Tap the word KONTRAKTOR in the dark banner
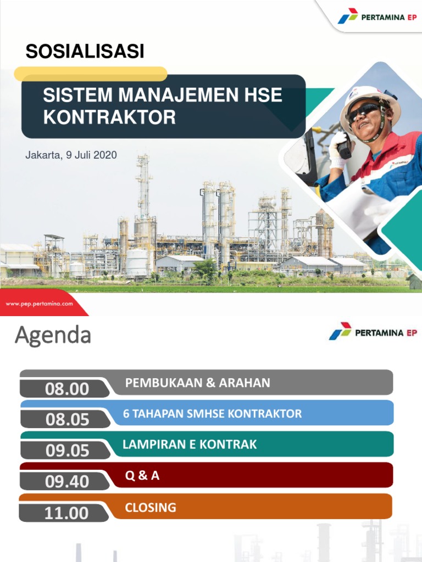109,117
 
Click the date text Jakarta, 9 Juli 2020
71,155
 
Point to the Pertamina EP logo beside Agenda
373,332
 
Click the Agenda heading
53,335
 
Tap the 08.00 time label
67,389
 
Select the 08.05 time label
67,420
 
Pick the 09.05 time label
67,451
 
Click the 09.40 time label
67,481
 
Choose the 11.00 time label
67,513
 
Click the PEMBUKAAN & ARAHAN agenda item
198,383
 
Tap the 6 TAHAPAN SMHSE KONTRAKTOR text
212,413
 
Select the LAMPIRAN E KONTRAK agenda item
190,444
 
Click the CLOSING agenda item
151,507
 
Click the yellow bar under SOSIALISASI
91,74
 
